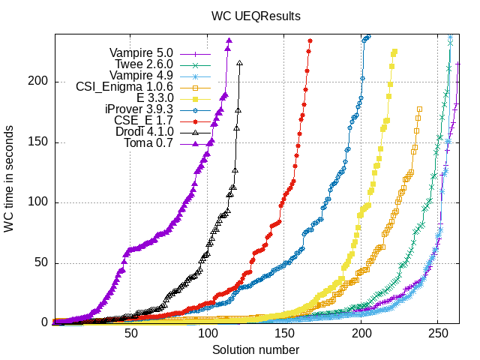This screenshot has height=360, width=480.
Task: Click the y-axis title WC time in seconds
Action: (x=9, y=178)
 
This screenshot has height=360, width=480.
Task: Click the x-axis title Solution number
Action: (x=256, y=349)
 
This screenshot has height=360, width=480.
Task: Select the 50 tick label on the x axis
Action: (x=130, y=334)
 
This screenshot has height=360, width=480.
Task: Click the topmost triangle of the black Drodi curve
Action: (x=239, y=64)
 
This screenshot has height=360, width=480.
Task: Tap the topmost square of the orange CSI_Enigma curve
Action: (x=419, y=109)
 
